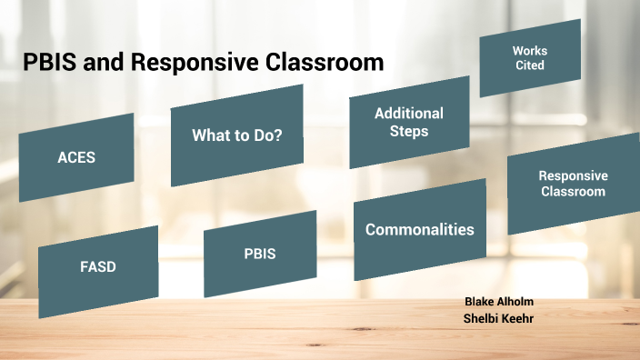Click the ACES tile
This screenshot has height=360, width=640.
coord(76,156)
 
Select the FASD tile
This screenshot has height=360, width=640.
coord(97,267)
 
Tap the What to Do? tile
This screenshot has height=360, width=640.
coord(236,135)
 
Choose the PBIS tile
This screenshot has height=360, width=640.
coord(260,254)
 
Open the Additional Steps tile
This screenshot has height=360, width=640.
coord(409,122)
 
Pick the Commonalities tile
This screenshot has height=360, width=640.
coord(419,229)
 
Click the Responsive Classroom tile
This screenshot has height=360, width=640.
coord(573,183)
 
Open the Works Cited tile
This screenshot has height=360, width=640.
coord(529,58)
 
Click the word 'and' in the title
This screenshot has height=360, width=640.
coord(105,63)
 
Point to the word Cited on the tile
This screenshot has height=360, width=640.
coord(529,65)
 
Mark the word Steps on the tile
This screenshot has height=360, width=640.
coord(409,131)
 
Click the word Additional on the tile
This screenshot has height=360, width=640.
coord(409,114)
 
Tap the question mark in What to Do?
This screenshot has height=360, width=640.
coord(278,135)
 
